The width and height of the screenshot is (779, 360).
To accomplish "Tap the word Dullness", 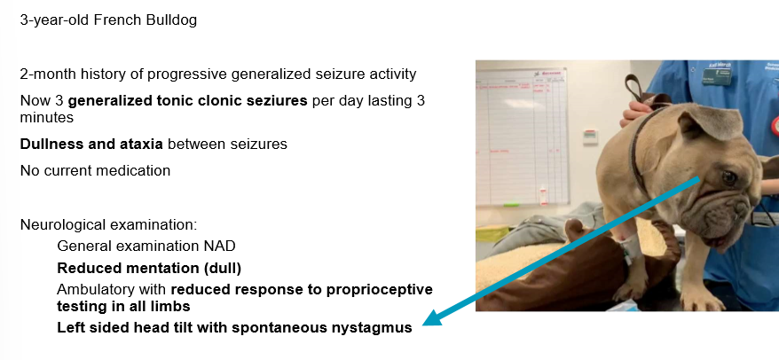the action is click(44, 144).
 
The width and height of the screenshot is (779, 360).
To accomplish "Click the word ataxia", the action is click(144, 144).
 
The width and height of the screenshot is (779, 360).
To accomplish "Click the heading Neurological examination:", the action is click(109, 225).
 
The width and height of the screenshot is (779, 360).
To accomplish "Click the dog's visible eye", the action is click(728, 177).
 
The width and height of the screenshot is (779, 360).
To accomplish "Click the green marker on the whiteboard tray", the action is click(511, 204).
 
